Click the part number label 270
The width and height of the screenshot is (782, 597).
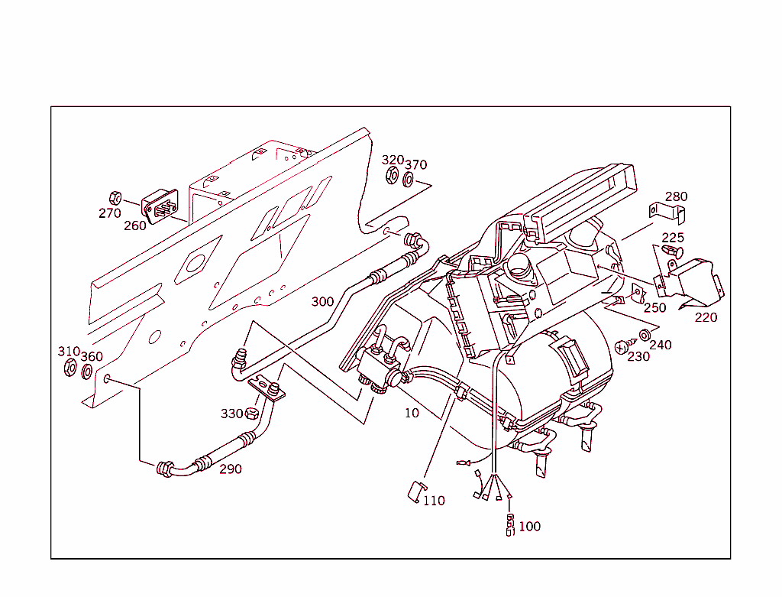[x=110, y=213]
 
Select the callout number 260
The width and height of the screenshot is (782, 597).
[x=135, y=226]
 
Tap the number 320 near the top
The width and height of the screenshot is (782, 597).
[x=393, y=160]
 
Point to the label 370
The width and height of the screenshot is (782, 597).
[x=416, y=165]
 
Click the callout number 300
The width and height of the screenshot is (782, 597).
[x=322, y=302]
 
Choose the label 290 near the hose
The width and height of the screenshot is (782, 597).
[x=231, y=469]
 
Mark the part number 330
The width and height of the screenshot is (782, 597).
[x=231, y=414]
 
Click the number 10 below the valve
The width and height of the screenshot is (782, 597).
[x=412, y=414]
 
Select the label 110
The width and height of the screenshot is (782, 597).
[x=434, y=501]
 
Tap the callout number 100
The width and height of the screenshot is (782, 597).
[x=529, y=527]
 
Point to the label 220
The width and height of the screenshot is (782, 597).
[x=706, y=317]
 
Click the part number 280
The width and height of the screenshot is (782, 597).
[x=677, y=196]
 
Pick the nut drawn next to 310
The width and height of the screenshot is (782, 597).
[x=69, y=369]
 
